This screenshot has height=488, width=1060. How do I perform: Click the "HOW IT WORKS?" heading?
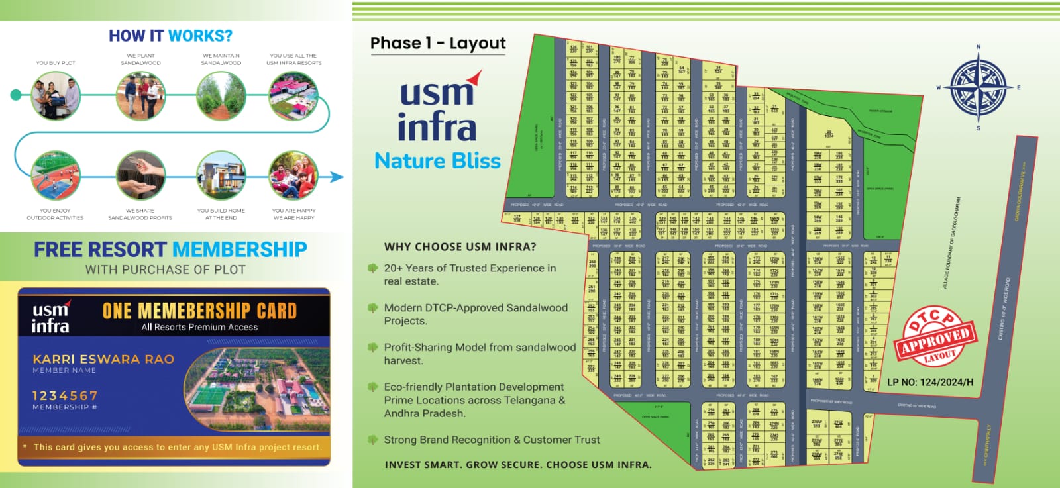pyautogui.click(x=170, y=36)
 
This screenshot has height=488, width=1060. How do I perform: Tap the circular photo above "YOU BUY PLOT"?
pyautogui.click(x=56, y=96)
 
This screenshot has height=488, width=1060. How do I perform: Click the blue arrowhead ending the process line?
pyautogui.click(x=337, y=177)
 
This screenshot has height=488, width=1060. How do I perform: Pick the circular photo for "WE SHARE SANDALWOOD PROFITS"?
pyautogui.click(x=140, y=175)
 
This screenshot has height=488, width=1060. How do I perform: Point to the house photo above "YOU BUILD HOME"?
pyautogui.click(x=221, y=175)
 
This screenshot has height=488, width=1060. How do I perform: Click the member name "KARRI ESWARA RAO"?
pyautogui.click(x=103, y=359)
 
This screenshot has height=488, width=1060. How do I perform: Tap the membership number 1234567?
pyautogui.click(x=65, y=395)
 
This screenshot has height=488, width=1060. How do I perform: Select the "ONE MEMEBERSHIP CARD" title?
pyautogui.click(x=199, y=311)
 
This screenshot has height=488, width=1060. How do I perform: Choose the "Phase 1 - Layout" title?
pyautogui.click(x=438, y=44)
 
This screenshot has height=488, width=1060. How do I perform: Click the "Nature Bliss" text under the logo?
pyautogui.click(x=437, y=161)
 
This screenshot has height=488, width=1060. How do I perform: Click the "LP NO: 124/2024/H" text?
pyautogui.click(x=930, y=382)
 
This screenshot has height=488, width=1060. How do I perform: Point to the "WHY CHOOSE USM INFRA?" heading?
pyautogui.click(x=460, y=247)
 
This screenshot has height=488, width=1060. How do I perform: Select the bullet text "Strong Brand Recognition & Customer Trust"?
pyautogui.click(x=492, y=440)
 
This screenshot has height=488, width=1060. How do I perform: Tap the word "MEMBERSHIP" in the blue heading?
pyautogui.click(x=240, y=250)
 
